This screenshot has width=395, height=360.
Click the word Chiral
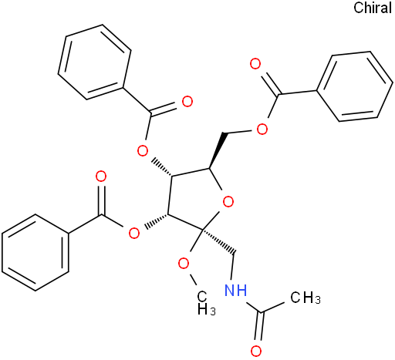[373, 8]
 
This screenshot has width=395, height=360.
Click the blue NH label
[235, 291]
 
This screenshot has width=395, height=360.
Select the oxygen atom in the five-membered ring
[228, 202]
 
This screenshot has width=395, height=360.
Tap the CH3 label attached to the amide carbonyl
[306, 298]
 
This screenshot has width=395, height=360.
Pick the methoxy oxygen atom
[184, 264]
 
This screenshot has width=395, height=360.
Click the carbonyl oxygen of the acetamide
[256, 351]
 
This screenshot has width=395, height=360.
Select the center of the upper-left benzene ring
[95, 62]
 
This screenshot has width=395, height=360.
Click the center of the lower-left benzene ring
[35, 253]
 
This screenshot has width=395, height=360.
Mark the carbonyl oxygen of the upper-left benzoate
[187, 102]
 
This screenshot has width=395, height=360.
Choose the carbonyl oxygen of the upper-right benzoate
[255, 64]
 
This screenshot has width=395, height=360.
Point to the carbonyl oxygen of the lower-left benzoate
[101, 177]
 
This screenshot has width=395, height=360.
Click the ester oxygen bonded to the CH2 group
[262, 130]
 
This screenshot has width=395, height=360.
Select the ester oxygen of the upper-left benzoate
[143, 150]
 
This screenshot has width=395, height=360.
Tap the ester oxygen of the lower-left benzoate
[134, 234]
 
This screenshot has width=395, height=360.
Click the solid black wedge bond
[216, 151]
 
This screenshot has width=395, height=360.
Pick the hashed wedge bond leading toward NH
[218, 241]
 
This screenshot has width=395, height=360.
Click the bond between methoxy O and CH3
[194, 280]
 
